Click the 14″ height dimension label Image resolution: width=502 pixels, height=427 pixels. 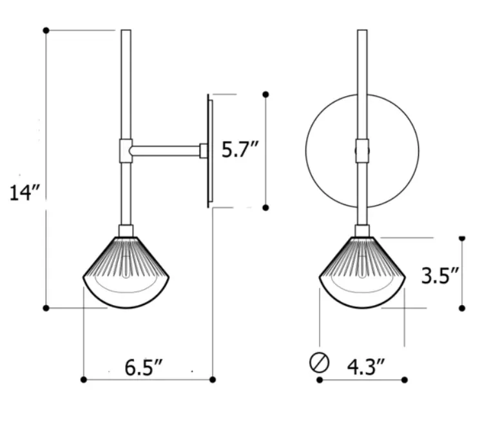pyautogui.click(x=24, y=193)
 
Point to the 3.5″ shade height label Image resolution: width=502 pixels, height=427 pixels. pyautogui.click(x=440, y=275)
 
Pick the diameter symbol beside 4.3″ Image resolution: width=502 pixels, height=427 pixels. pyautogui.click(x=319, y=363)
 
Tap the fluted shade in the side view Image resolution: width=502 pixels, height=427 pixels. pyautogui.click(x=126, y=272)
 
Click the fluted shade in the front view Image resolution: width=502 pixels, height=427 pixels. pyautogui.click(x=362, y=272)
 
